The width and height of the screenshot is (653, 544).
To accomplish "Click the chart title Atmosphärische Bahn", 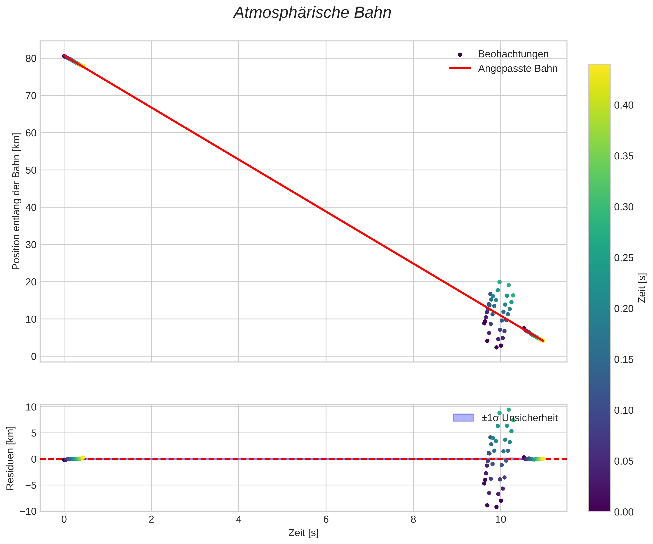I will click(x=312, y=13).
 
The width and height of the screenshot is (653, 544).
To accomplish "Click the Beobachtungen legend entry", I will click(x=513, y=54).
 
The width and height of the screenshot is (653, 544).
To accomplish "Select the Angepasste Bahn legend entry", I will click(x=518, y=69).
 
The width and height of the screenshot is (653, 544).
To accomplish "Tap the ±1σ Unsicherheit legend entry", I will click(x=519, y=418).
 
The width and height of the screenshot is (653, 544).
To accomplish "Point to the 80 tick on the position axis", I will click(x=31, y=58).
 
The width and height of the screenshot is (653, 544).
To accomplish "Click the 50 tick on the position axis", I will click(x=31, y=170).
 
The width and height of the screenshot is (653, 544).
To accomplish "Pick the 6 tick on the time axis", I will click(x=326, y=520).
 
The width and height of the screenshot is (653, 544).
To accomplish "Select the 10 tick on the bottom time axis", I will click(x=500, y=520).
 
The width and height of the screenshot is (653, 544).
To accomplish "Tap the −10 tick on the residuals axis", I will click(x=28, y=511).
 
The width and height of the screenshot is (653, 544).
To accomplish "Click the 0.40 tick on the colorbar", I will click(x=623, y=105).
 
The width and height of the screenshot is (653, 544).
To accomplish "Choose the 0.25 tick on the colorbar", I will click(x=623, y=258).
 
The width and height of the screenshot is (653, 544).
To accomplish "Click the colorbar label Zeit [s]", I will click(x=642, y=288).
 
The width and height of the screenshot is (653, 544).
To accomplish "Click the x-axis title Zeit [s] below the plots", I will click(x=303, y=533).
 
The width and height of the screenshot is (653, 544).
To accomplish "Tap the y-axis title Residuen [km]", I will click(x=10, y=458).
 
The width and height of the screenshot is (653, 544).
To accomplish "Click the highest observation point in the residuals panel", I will click(x=509, y=410).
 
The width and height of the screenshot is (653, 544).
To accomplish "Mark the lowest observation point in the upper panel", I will click(x=497, y=347).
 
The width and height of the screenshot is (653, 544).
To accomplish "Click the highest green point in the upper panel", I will click(x=499, y=282).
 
